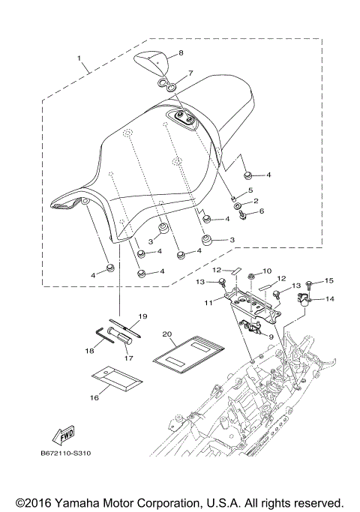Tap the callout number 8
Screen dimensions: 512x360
(180, 54)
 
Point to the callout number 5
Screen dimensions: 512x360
(250, 191)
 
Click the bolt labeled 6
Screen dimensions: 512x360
(241, 216)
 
